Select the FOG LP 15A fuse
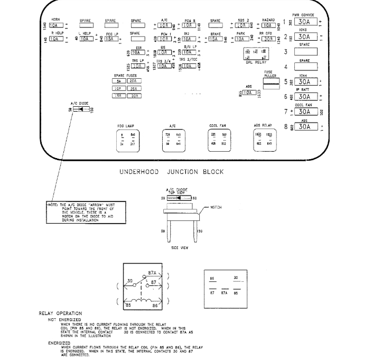click(x=111, y=39)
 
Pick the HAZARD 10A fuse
click(x=268, y=25)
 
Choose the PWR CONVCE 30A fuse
click(x=305, y=22)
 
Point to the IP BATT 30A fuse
click(x=305, y=97)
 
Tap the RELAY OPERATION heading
click(x=61, y=313)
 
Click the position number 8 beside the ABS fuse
click(x=285, y=126)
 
